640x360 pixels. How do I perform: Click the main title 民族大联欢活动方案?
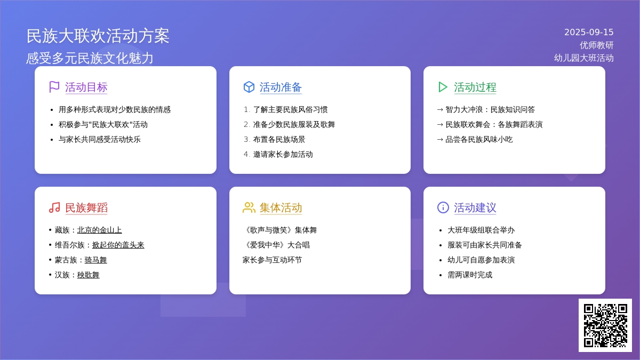pos(98,36)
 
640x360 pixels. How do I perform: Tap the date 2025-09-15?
pos(589,33)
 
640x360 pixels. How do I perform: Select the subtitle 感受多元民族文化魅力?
pos(90,58)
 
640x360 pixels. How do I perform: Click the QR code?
pos(605,325)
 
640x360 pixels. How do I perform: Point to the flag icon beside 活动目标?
pos(54,87)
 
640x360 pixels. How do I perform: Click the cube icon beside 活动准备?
pos(249,87)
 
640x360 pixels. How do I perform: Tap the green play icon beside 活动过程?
pos(443,87)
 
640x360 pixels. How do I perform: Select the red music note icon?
pos(54,207)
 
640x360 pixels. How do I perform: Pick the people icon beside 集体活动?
pos(249,207)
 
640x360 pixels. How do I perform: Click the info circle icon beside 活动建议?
pos(443,207)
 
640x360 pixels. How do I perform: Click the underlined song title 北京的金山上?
pos(99,230)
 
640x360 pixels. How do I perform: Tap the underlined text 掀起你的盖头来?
pos(118,245)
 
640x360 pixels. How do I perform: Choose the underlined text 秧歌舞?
pos(89,275)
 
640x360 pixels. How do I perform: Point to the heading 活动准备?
pos(281,87)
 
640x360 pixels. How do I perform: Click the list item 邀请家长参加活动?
pos(283,154)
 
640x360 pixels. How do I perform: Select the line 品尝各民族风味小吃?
pos(479,139)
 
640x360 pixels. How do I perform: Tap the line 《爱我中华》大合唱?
pos(276,245)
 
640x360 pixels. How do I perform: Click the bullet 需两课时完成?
pos(470,275)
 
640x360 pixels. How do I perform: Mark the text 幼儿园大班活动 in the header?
pos(583,58)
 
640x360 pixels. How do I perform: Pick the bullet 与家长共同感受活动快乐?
pos(99,139)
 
